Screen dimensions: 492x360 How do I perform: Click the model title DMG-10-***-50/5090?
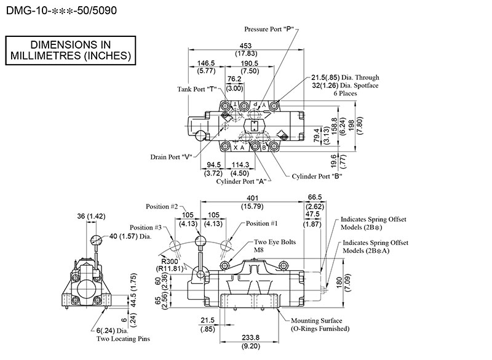pyautogui.click(x=61, y=10)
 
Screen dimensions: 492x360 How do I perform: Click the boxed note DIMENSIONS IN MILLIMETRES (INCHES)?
pyautogui.click(x=71, y=50)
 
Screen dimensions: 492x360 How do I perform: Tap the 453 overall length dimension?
pyautogui.click(x=245, y=46)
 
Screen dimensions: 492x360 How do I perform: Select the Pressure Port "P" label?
pyautogui.click(x=269, y=29)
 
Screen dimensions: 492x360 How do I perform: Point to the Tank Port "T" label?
pyautogui.click(x=197, y=89)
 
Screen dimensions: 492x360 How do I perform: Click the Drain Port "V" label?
pyautogui.click(x=171, y=157)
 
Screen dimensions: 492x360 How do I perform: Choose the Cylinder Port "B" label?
pyautogui.click(x=317, y=177)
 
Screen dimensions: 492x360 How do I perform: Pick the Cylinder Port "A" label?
pyautogui.click(x=241, y=182)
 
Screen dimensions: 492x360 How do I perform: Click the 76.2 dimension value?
pyautogui.click(x=234, y=79)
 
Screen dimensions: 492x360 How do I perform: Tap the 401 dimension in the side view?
pyautogui.click(x=252, y=198)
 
